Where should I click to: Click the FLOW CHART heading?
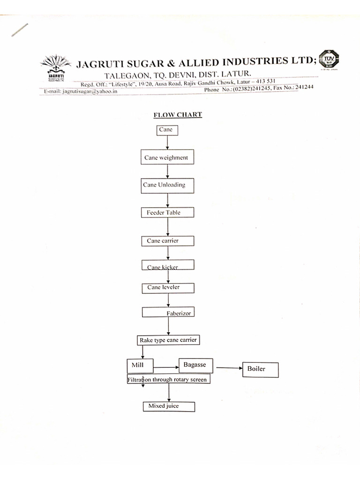178,114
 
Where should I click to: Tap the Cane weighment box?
167,157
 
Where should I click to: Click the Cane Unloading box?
167,185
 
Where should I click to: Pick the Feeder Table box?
167,212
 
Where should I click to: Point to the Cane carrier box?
167,240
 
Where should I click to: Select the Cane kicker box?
167,265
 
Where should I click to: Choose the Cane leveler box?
167,287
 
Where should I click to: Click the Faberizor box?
167,312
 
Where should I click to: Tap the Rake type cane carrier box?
167,340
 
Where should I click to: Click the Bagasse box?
195,365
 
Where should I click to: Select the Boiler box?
260,369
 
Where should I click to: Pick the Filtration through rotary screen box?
167,379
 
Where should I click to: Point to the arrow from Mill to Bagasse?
166,367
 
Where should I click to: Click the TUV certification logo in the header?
329,60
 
